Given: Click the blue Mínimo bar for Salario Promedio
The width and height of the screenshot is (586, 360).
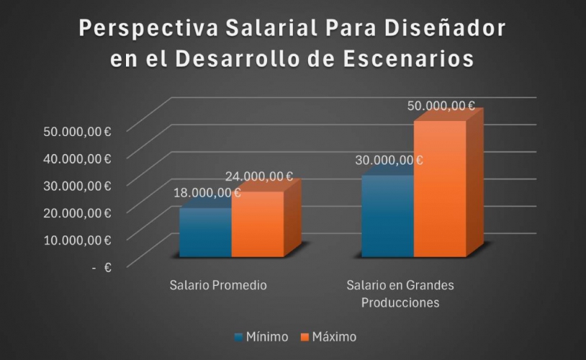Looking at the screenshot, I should (205, 233).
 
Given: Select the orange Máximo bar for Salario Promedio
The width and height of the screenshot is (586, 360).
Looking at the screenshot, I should (257, 224).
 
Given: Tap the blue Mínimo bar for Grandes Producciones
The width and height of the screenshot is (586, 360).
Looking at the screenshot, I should (387, 216).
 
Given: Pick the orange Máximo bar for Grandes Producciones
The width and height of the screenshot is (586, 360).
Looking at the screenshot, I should (439, 189).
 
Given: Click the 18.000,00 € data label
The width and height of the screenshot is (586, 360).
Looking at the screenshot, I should (207, 192).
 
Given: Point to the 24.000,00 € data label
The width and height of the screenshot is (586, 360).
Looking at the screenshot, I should (258, 176).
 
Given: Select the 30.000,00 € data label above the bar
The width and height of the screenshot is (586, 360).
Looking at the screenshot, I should (389, 160).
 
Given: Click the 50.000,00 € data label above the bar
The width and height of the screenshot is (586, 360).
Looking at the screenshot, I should (441, 105).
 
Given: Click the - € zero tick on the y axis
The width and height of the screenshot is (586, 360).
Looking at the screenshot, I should (101, 267).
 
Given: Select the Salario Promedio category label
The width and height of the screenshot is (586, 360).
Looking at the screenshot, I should (218, 285).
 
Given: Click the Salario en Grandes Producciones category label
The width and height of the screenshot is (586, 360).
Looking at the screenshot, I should (400, 294).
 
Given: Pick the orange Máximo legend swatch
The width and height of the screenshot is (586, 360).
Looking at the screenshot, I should (305, 337).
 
